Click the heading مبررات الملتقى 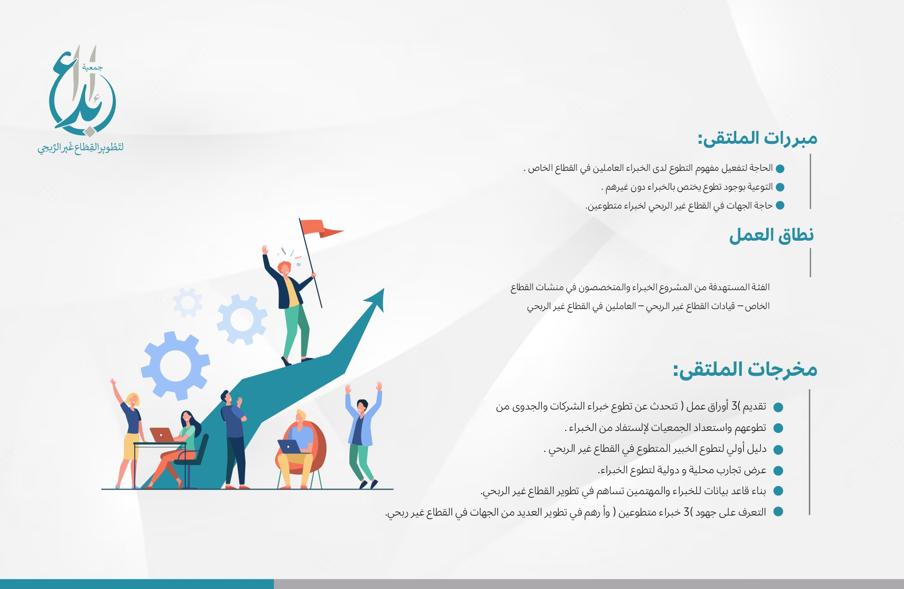point(758,139)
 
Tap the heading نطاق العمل point(771,235)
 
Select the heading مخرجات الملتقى point(745,369)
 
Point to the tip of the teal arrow point(384,289)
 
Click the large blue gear point(175,366)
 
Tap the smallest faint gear point(187,302)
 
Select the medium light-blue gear point(242,320)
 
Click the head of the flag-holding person point(284,268)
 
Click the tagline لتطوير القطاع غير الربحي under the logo point(81,148)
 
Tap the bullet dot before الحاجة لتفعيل point(780,169)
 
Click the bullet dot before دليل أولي point(778,450)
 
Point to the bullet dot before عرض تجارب point(778,471)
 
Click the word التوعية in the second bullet point(760,187)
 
